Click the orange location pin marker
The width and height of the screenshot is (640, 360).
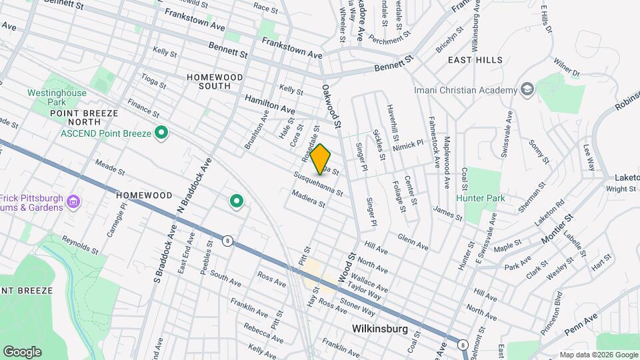tap(321, 159)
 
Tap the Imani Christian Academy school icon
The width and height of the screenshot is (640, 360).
tap(527, 90)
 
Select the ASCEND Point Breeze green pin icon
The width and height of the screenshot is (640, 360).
tap(161, 133)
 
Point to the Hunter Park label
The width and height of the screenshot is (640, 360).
tap(480, 198)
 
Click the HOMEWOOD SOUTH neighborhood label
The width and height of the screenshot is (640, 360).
tap(214, 81)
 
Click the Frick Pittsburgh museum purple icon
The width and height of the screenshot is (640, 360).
tap(74, 201)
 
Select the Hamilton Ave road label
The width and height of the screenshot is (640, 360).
tap(269, 103)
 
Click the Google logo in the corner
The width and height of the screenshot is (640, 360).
tap(22, 351)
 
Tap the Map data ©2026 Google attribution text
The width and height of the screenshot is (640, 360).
tap(598, 355)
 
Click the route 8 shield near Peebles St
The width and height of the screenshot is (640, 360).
tap(228, 241)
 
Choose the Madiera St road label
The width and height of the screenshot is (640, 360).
tap(307, 199)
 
